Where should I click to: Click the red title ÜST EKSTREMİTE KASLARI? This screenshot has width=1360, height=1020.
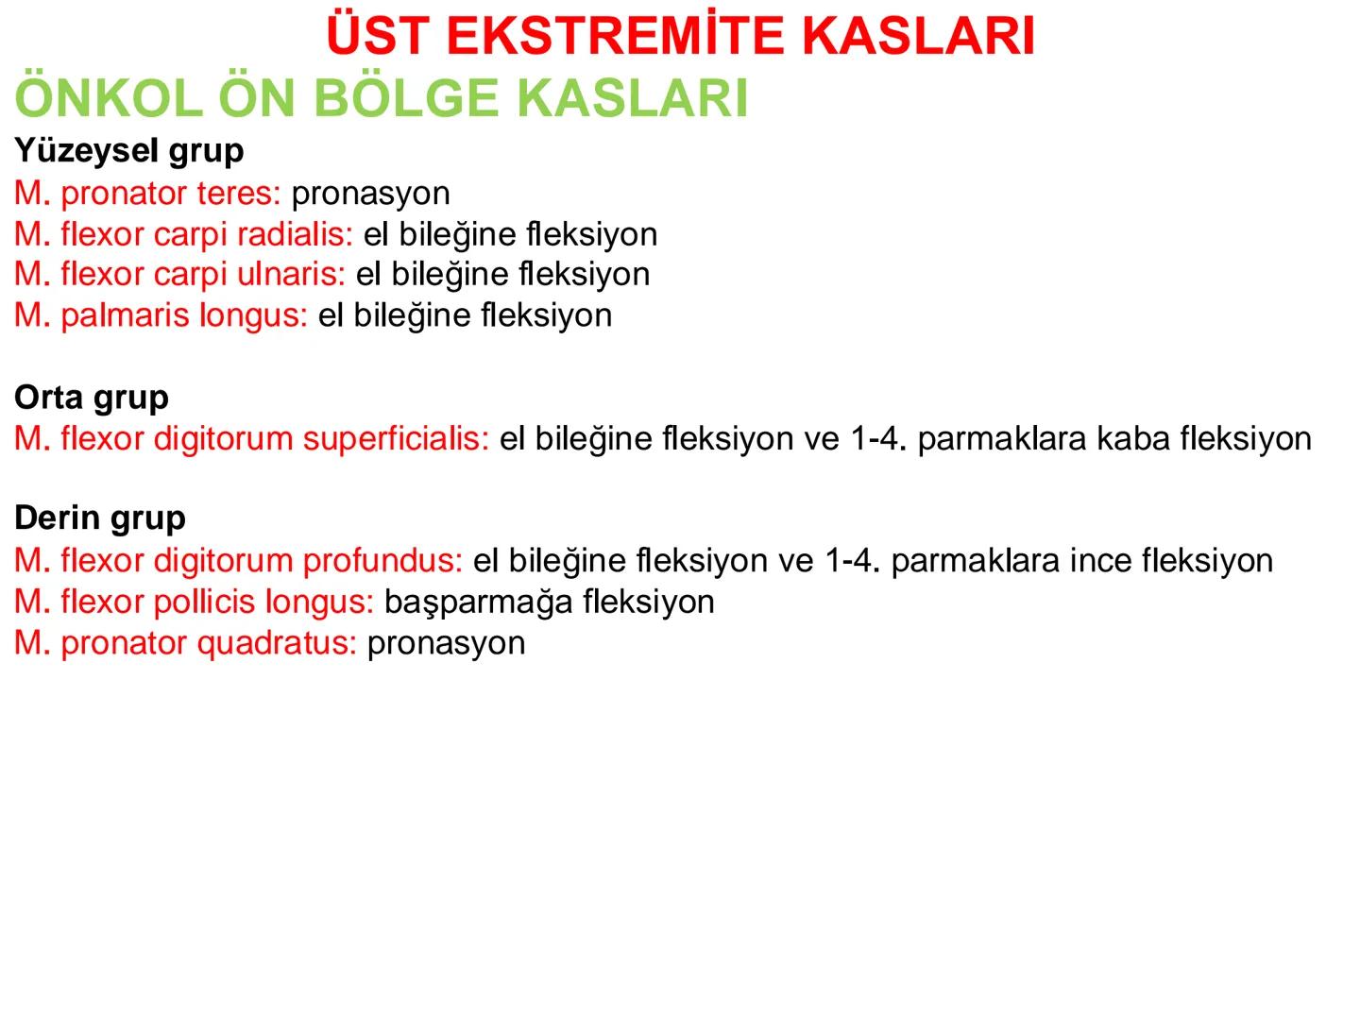point(680,36)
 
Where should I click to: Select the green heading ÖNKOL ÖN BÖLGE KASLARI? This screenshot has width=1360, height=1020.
point(382,98)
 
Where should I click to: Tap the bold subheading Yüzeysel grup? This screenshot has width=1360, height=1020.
point(129,151)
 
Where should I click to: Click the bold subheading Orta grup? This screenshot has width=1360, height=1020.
point(92,398)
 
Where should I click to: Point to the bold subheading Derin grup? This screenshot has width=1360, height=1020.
point(100,518)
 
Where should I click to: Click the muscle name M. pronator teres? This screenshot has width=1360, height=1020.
point(147,194)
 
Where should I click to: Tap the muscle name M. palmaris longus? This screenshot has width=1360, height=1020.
point(161,315)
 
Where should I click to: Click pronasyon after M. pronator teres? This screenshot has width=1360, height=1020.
point(370,194)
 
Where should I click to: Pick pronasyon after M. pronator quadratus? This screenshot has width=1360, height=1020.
point(446,643)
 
